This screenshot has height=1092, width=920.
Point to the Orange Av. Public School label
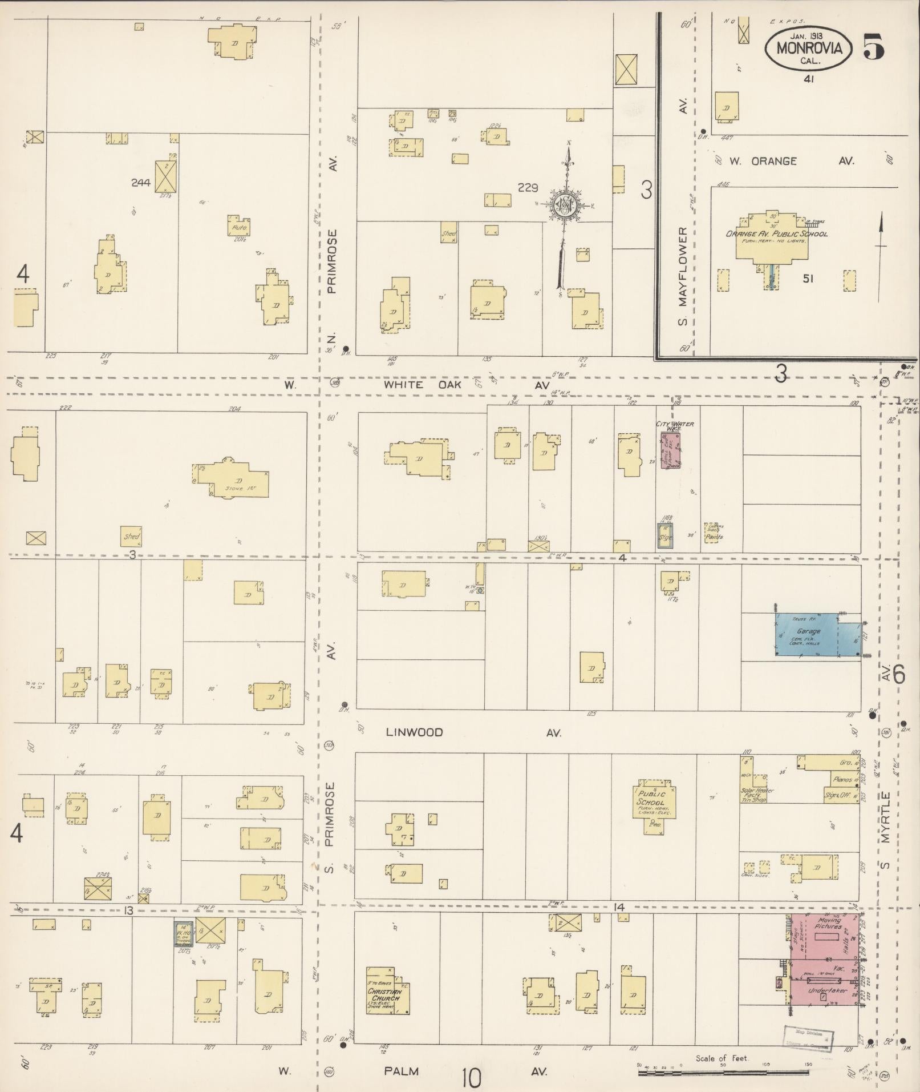tap(777, 234)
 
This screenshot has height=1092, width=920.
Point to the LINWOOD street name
tap(414, 732)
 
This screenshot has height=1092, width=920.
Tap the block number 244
tap(140, 183)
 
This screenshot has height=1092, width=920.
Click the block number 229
tap(528, 187)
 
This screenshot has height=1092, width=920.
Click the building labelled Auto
tap(239, 227)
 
